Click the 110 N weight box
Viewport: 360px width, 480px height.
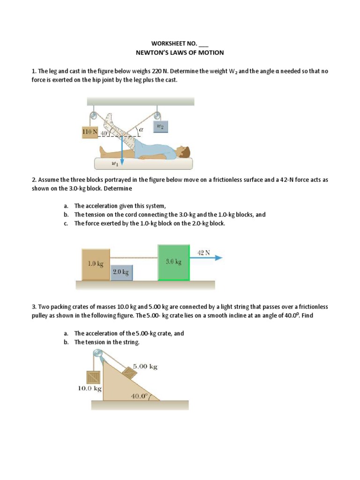tap(90, 132)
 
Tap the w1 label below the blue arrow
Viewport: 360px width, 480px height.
tap(114, 164)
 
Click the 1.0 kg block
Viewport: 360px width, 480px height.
tap(95, 264)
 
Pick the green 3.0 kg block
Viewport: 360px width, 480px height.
tap(173, 262)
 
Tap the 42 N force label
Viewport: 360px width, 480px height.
tap(204, 252)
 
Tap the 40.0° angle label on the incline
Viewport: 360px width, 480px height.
tap(139, 396)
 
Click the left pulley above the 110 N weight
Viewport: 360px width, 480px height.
tap(94, 115)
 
